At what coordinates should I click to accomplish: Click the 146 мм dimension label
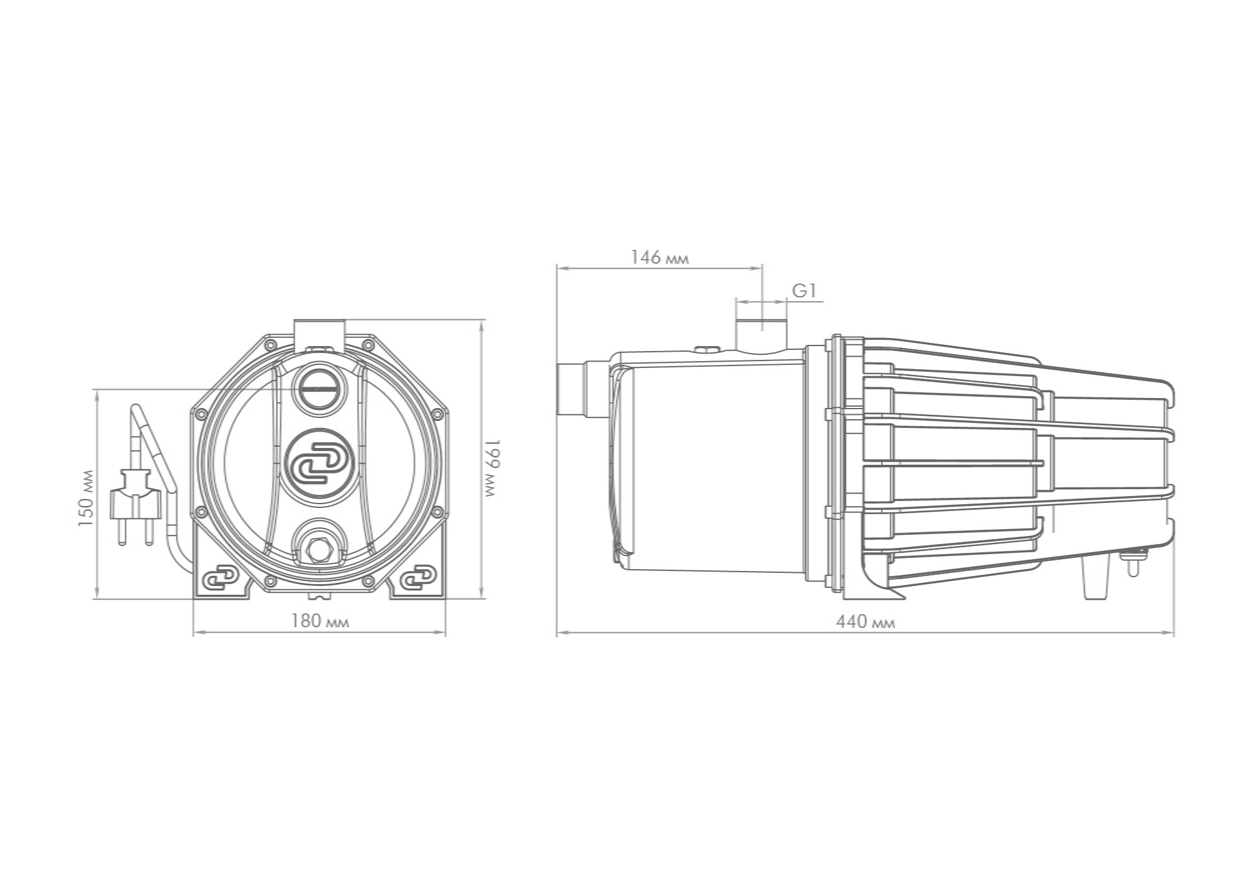(x=660, y=257)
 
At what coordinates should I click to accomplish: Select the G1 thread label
(x=804, y=291)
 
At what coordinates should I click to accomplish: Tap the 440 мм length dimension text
(x=866, y=622)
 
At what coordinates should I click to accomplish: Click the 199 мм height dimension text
(x=493, y=468)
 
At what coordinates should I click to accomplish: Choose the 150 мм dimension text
(x=86, y=497)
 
